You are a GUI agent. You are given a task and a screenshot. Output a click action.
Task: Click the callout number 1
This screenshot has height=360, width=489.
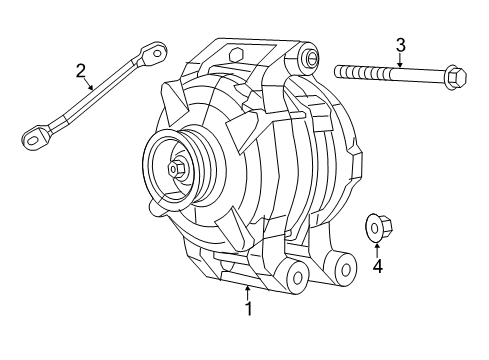point(249,310)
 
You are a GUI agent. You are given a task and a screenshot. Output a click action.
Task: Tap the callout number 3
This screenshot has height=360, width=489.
point(400,45)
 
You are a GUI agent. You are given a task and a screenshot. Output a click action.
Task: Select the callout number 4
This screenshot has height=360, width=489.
point(377,266)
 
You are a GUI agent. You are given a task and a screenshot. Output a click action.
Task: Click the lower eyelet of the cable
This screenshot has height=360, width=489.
point(34,136)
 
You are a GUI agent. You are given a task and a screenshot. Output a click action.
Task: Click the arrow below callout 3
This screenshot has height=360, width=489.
point(400,61)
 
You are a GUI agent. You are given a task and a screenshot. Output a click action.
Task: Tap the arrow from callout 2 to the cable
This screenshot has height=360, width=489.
point(91,84)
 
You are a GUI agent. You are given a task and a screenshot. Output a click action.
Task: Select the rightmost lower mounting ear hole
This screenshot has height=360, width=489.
point(345,268)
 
